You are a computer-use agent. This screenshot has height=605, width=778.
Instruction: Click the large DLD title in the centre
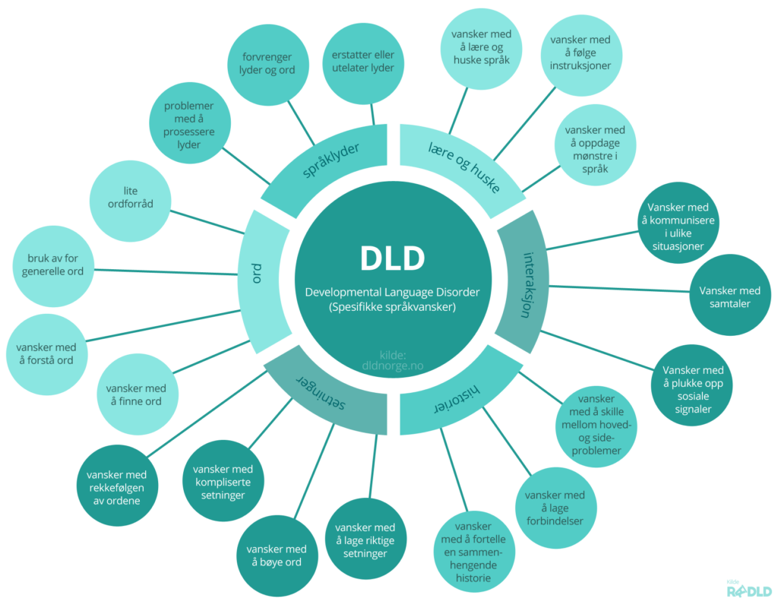click(392, 258)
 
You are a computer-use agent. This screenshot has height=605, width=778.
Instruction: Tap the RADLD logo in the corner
click(749, 590)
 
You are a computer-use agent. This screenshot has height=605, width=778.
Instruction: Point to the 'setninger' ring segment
click(323, 392)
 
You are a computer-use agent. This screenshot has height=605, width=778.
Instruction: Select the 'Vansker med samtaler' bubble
click(729, 297)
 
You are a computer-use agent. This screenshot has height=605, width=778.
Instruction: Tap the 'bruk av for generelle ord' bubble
click(55, 265)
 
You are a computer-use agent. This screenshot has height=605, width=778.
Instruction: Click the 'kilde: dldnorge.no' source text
click(392, 359)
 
